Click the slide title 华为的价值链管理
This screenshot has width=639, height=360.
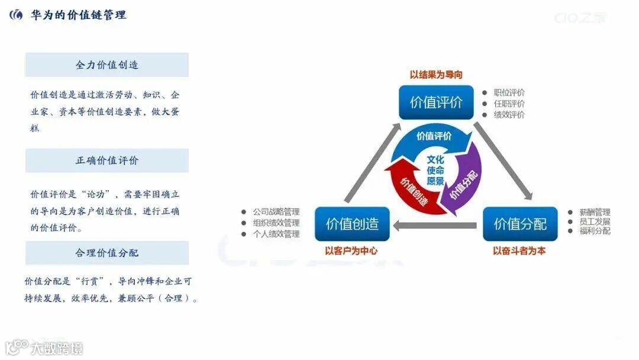click(78, 15)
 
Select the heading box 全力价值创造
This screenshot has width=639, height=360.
click(106, 65)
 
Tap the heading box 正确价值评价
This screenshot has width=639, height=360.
click(106, 160)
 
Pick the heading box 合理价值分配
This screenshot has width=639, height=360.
click(106, 253)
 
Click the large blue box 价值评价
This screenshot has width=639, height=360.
click(436, 102)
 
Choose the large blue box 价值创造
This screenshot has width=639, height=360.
click(352, 224)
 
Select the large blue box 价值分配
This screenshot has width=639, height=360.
click(520, 224)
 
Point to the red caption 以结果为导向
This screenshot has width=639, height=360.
click(436, 75)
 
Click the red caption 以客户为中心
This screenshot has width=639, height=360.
click(351, 250)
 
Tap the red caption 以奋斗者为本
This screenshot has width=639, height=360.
click(519, 250)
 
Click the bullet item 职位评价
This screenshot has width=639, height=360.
click(509, 93)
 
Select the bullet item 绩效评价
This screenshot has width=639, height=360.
click(509, 115)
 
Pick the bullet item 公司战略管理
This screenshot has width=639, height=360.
click(276, 212)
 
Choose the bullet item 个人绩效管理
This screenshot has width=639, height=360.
click(276, 234)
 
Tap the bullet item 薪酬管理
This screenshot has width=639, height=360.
click(595, 212)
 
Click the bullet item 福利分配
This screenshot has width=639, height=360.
click(595, 231)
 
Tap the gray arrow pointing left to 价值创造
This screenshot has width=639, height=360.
click(435, 225)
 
